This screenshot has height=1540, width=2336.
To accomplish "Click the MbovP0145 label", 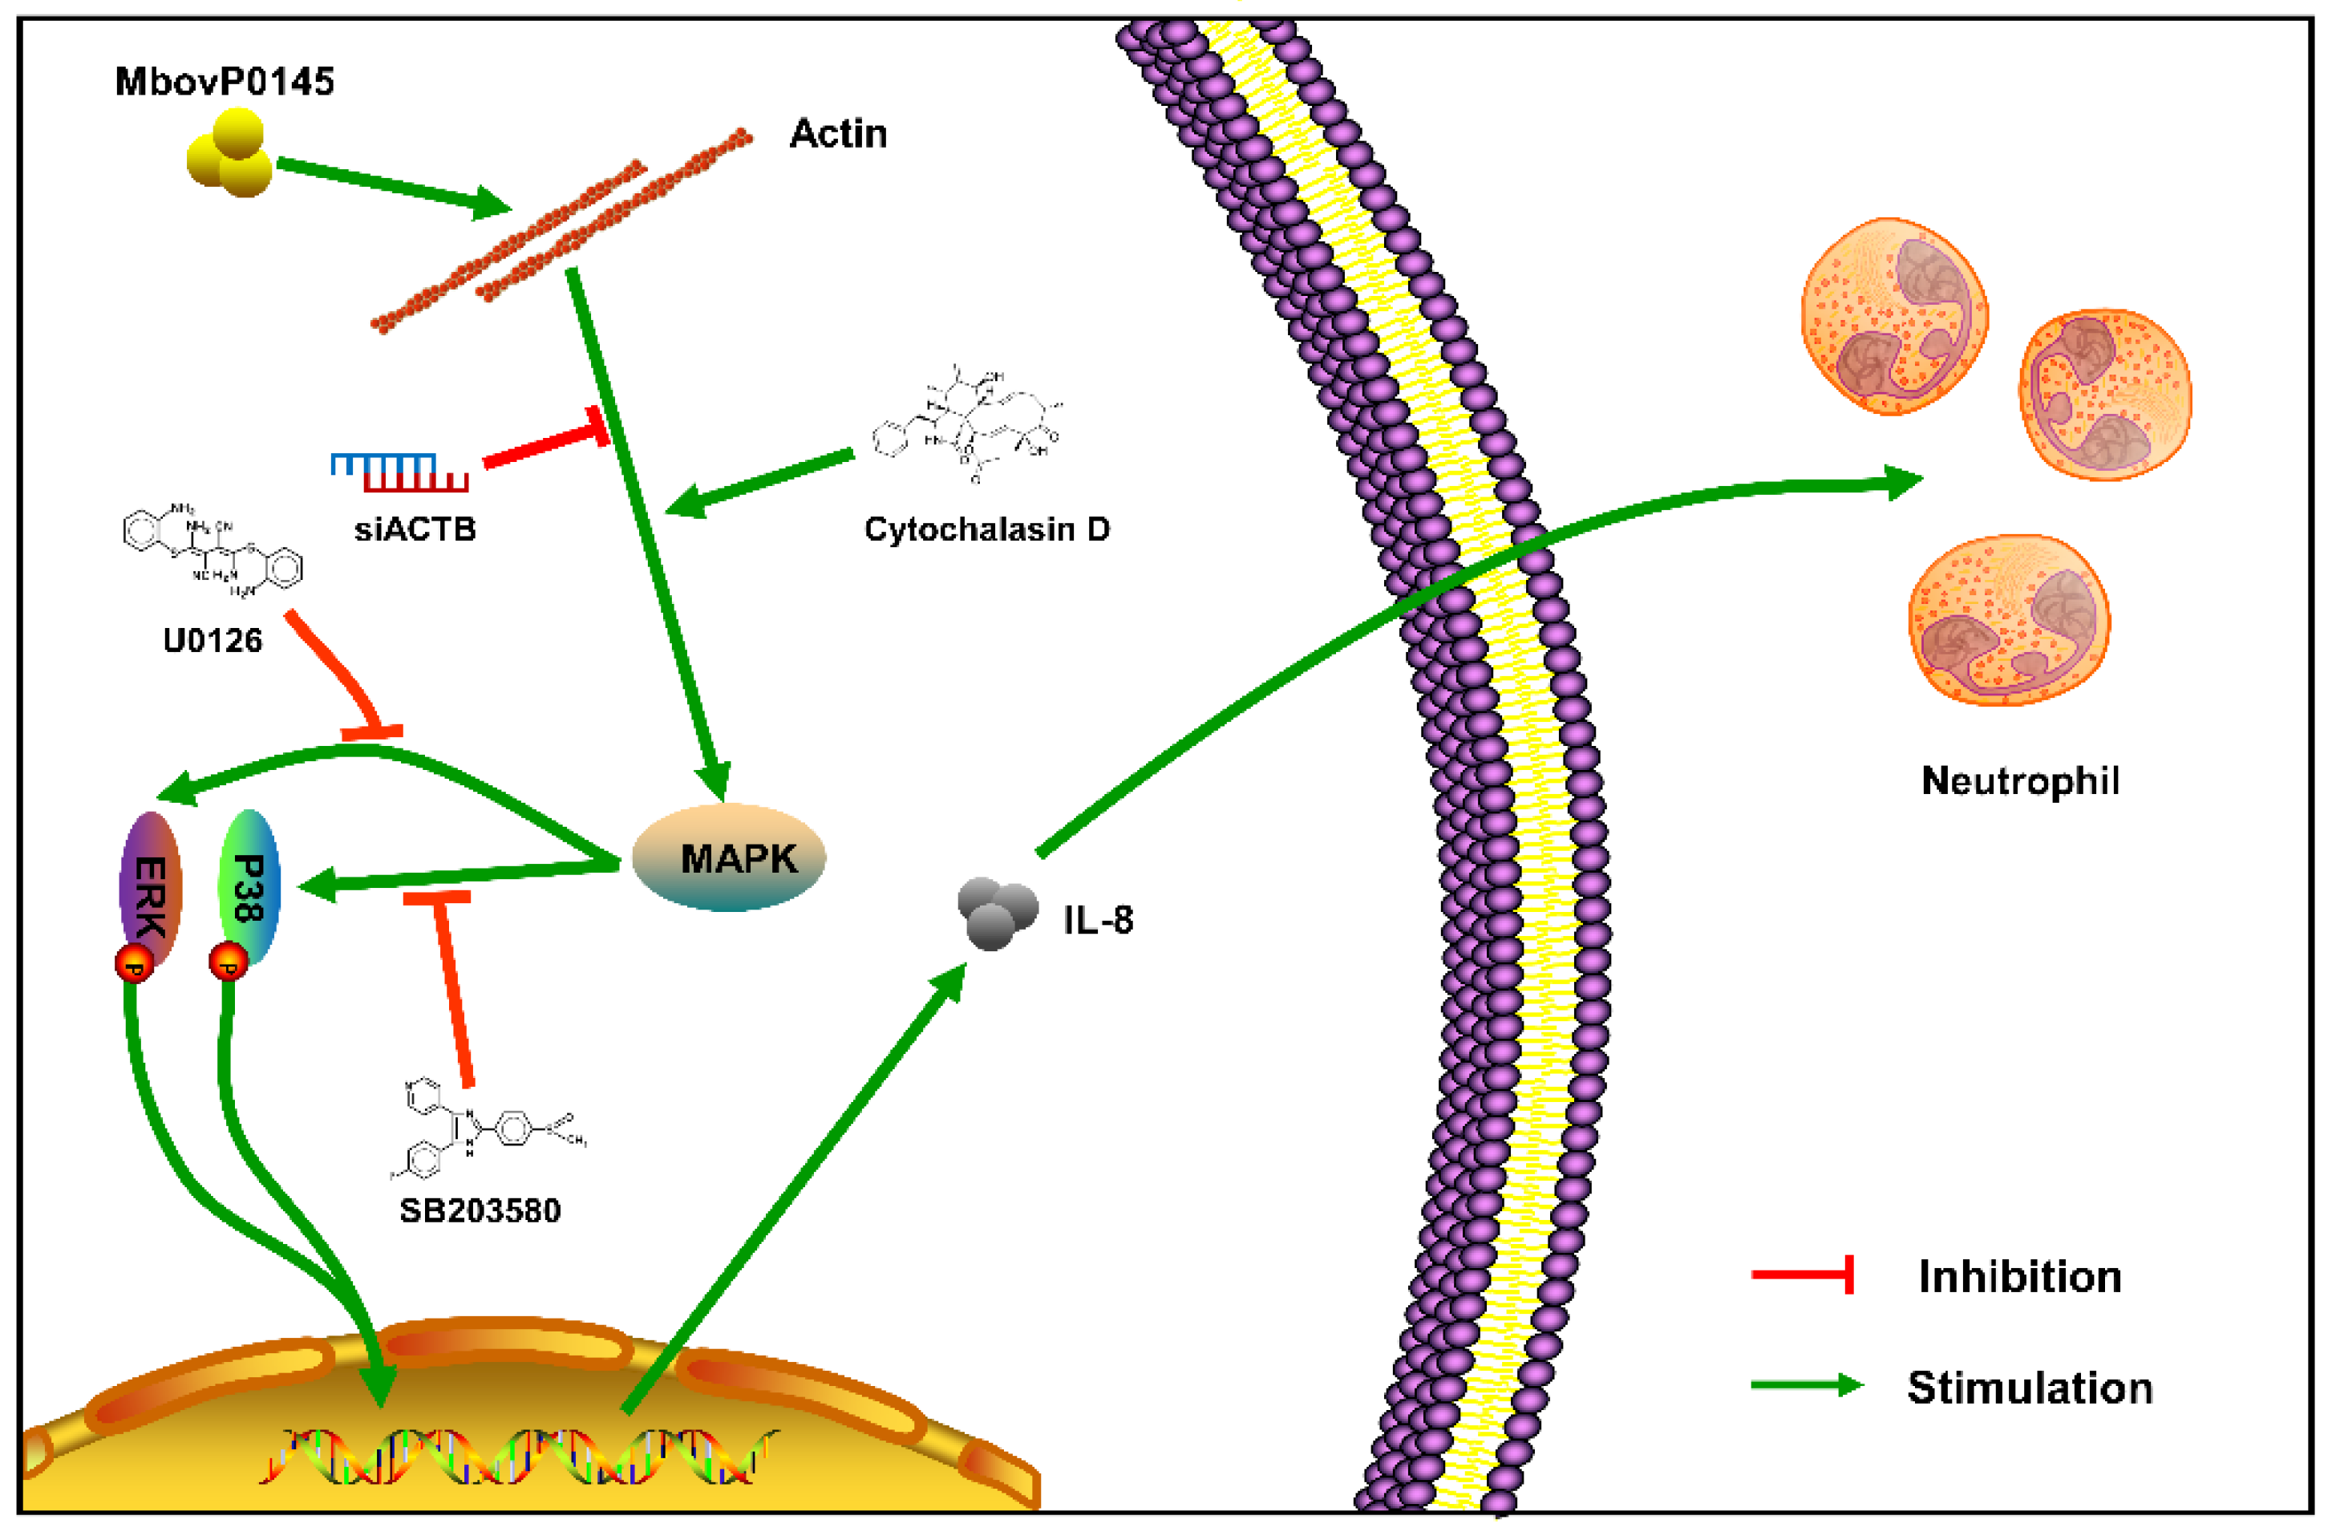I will pos(224,82).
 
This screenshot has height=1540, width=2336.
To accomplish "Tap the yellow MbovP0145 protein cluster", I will pos(231,155).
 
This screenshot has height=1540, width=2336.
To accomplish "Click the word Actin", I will pos(837,134).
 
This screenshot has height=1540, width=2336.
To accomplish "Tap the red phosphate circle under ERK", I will pos(135,963).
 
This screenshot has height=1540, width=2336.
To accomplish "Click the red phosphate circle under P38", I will pos(229,962).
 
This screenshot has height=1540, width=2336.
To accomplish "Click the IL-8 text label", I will pos(1098,920).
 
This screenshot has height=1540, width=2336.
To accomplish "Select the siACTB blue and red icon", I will pos(399,472).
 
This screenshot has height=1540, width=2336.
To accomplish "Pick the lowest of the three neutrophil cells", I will pos(2009,621).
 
